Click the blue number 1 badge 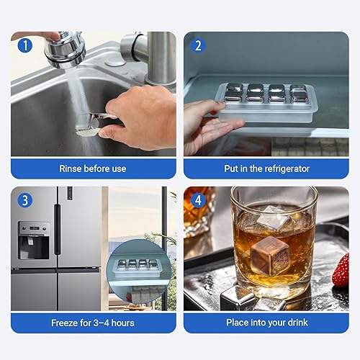pyautogui.click(x=25, y=45)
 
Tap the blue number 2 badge pyautogui.click(x=198, y=45)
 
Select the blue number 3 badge pyautogui.click(x=25, y=200)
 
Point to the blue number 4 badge pyautogui.click(x=198, y=200)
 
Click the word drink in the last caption pyautogui.click(x=297, y=323)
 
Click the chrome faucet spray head pyautogui.click(x=65, y=50)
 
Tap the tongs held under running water pyautogui.click(x=95, y=125)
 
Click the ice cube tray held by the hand pyautogui.click(x=267, y=102)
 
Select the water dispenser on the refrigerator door pyautogui.click(x=34, y=240)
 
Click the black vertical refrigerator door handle pyautogui.click(x=58, y=229)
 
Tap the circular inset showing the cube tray pyautogui.click(x=139, y=271)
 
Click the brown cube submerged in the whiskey pyautogui.click(x=270, y=256)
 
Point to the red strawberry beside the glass pyautogui.click(x=341, y=270)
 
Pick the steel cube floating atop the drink pyautogui.click(x=274, y=218)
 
